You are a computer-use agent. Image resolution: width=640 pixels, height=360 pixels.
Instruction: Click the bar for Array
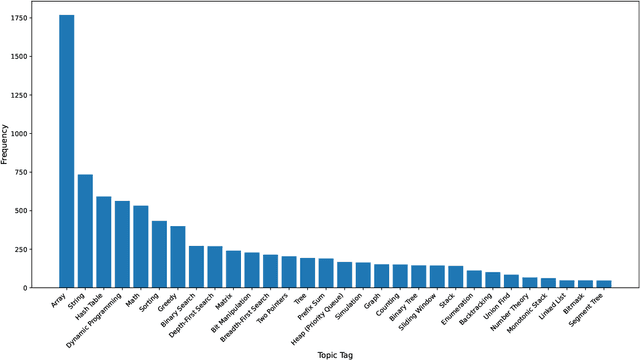67,150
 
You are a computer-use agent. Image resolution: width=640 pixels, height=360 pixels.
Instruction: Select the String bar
85,231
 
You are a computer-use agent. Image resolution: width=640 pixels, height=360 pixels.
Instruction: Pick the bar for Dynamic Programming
122,244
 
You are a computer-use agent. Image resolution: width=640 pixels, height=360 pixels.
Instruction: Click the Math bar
141,247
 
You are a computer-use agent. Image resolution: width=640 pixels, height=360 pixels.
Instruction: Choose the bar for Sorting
159,254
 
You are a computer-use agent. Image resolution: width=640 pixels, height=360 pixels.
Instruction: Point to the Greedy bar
178,257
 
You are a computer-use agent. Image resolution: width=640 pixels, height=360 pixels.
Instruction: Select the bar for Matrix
233,269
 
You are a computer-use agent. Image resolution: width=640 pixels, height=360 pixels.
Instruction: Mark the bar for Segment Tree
604,284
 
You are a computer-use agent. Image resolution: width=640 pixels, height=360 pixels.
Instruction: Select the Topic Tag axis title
335,353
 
